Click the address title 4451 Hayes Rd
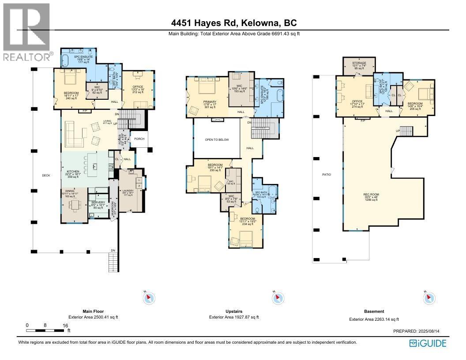[x=234, y=23]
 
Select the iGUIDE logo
[x=428, y=343]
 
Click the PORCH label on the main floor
[x=139, y=139]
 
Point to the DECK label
[x=46, y=175]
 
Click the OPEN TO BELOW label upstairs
[x=217, y=139]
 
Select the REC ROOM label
[x=371, y=195]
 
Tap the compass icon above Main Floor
[x=149, y=299]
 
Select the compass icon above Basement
[x=429, y=299]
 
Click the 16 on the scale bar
[x=65, y=326]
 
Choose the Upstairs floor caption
[x=233, y=311]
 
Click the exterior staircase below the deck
[x=113, y=263]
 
